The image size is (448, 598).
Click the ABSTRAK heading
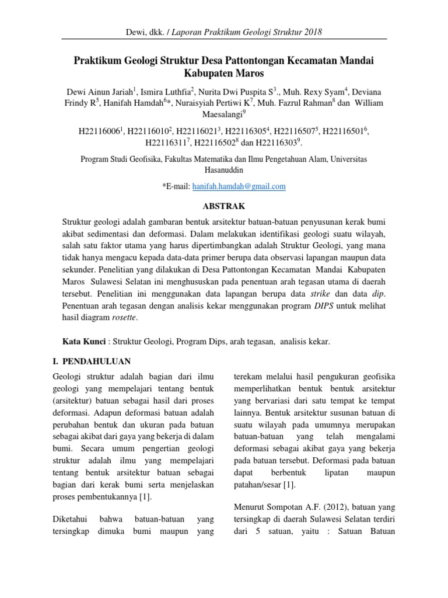(224, 207)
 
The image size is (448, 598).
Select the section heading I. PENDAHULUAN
(96, 361)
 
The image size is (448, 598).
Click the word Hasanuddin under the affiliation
(224, 169)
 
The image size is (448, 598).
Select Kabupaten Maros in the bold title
(224, 74)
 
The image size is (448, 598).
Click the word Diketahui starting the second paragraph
(73, 518)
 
